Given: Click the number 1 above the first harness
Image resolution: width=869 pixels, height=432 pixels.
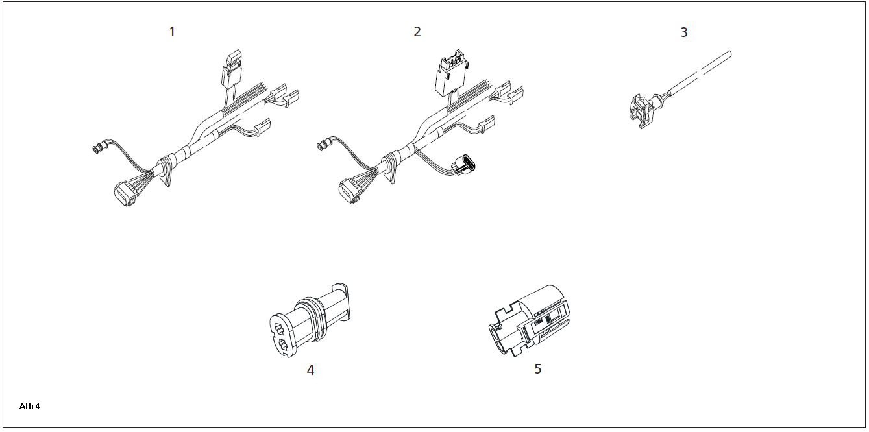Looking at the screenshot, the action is point(172,32).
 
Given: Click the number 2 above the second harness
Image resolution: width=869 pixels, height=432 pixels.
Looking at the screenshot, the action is point(417,32).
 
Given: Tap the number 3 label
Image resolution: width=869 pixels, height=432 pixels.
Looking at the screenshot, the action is point(684,32).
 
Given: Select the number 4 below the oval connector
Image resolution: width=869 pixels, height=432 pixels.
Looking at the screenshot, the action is point(310,370).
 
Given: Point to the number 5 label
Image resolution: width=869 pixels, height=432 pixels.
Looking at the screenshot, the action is point(538,369).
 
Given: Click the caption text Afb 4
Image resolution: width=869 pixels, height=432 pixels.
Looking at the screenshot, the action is point(29,407).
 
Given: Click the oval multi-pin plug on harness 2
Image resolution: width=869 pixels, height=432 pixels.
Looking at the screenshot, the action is point(464,165).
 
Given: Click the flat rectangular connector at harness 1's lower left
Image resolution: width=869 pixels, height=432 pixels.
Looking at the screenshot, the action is point(125,193).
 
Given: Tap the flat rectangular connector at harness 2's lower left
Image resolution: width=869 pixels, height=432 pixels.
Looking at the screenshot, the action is point(350,191).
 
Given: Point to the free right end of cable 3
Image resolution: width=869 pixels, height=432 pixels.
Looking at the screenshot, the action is point(729,54).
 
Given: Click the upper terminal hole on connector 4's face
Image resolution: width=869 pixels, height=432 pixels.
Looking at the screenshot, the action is point(280,330).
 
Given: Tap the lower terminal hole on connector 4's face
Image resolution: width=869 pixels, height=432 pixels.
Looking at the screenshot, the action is point(282,345).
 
